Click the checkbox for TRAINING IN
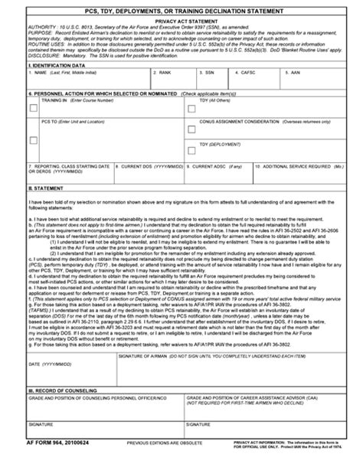[x=33, y=108]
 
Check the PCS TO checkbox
[x=33, y=140]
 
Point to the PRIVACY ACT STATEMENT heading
[x=181, y=23]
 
